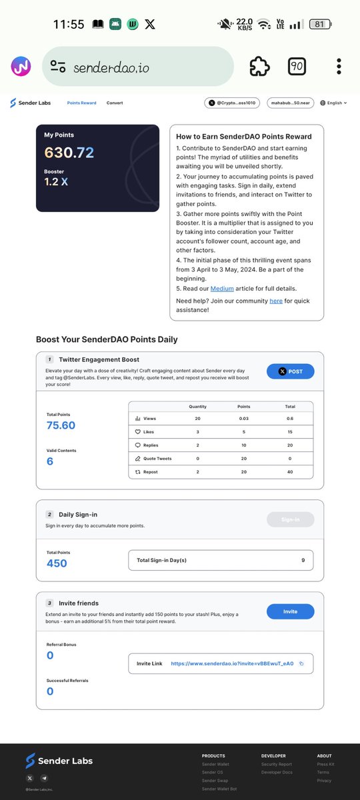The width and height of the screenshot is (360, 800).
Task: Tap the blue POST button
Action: point(290,371)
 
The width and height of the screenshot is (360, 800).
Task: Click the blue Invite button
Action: point(290,611)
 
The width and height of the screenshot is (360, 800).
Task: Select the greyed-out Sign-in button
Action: point(290,519)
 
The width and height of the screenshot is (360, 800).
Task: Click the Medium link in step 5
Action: point(222,289)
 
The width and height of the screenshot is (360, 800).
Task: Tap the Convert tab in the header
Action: point(115,103)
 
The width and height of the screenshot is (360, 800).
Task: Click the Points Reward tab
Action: point(81,103)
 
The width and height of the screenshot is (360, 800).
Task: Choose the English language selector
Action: point(334,103)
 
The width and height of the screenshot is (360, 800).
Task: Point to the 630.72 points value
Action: point(69,153)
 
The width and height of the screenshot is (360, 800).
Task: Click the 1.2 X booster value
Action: point(56,181)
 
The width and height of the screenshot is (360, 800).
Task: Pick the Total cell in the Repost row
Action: point(290,471)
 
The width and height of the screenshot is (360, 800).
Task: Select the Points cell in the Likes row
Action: point(243,432)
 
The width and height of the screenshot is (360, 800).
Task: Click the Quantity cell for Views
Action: point(197,419)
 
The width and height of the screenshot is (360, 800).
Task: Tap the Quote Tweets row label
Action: point(157,458)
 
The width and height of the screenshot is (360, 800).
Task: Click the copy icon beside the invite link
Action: point(301,663)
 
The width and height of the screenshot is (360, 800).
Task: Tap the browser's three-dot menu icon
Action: point(339,67)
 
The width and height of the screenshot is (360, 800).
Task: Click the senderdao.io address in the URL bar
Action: point(111,67)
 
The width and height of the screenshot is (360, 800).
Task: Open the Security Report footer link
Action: point(276,765)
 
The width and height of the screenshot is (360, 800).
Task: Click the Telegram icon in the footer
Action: point(45,778)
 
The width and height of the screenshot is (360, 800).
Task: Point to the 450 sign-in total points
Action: point(57,563)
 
